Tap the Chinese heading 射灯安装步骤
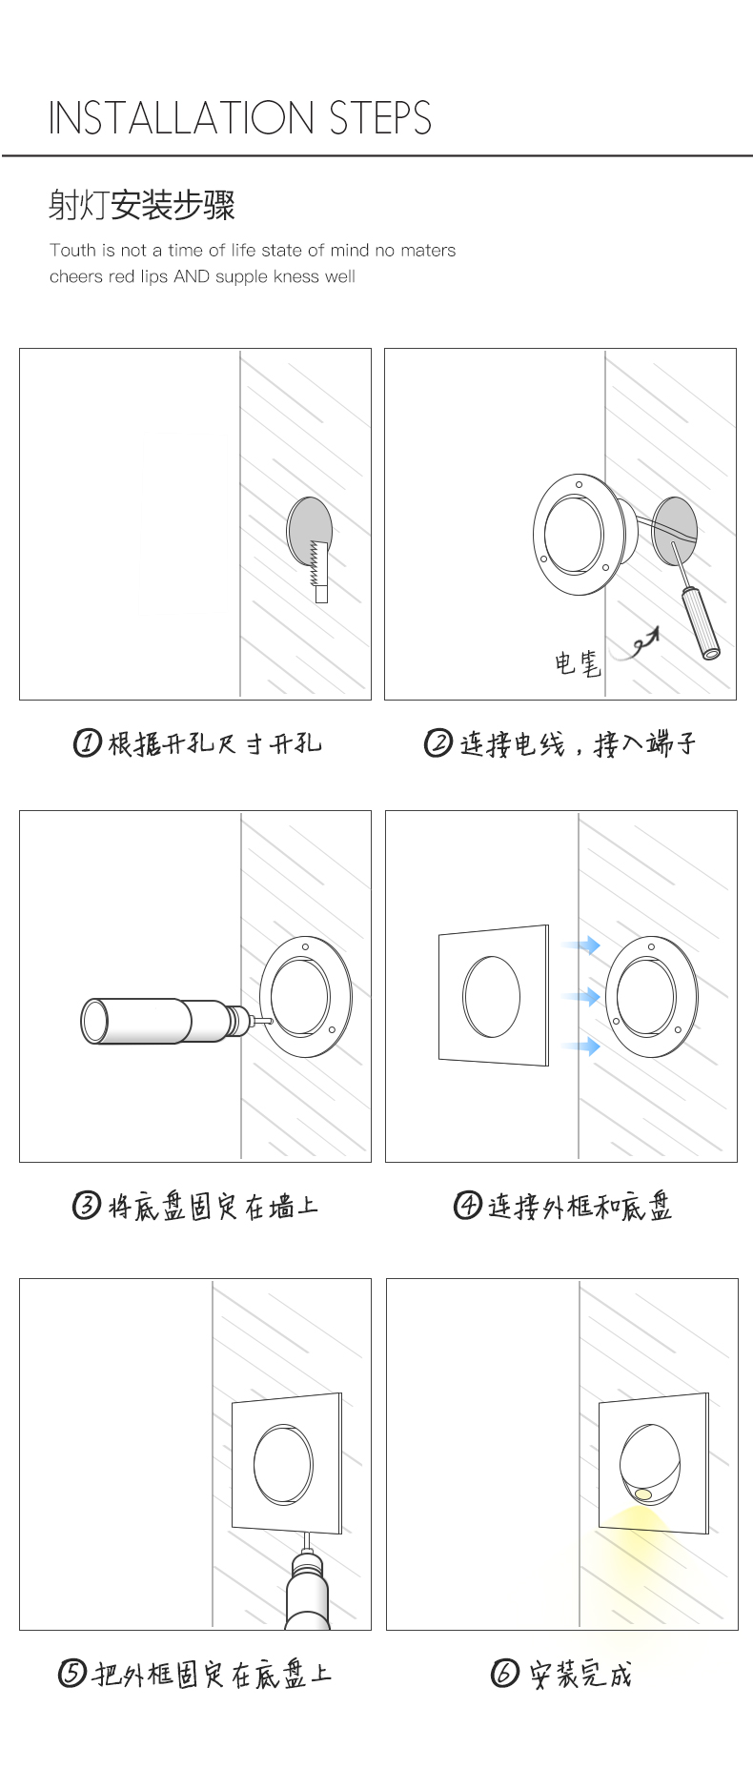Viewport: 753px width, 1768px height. (x=142, y=205)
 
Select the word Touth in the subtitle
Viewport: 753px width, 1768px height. (x=72, y=251)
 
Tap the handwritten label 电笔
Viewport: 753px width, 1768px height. (x=579, y=662)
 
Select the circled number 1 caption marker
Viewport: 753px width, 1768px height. (x=88, y=742)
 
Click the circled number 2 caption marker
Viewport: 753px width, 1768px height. (x=438, y=742)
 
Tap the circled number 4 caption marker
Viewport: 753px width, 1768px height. (x=467, y=1206)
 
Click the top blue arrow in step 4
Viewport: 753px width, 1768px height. (x=580, y=945)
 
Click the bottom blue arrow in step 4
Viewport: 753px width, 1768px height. (x=580, y=1047)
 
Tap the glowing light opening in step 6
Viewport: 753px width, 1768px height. (x=643, y=1494)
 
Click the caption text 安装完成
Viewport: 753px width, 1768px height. (x=581, y=1674)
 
